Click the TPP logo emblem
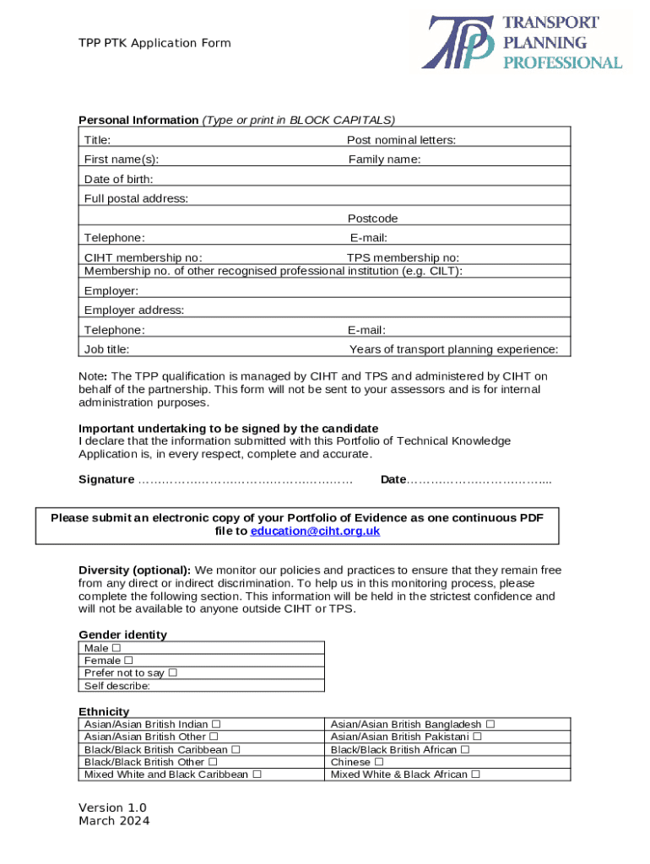tap(458, 42)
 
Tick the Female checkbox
tap(128, 661)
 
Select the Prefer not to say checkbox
tap(172, 673)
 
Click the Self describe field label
tap(117, 686)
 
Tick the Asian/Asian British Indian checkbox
tap(216, 724)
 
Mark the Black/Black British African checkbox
tap(465, 749)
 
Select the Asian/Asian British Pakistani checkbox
tap(478, 737)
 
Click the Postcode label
tap(372, 219)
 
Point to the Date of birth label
tap(118, 179)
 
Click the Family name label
tap(385, 159)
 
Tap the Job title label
tap(106, 349)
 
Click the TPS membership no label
tap(404, 257)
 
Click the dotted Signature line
tap(245, 480)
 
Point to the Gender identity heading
tap(122, 634)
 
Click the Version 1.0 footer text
tap(112, 807)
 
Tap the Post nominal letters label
tap(401, 140)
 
